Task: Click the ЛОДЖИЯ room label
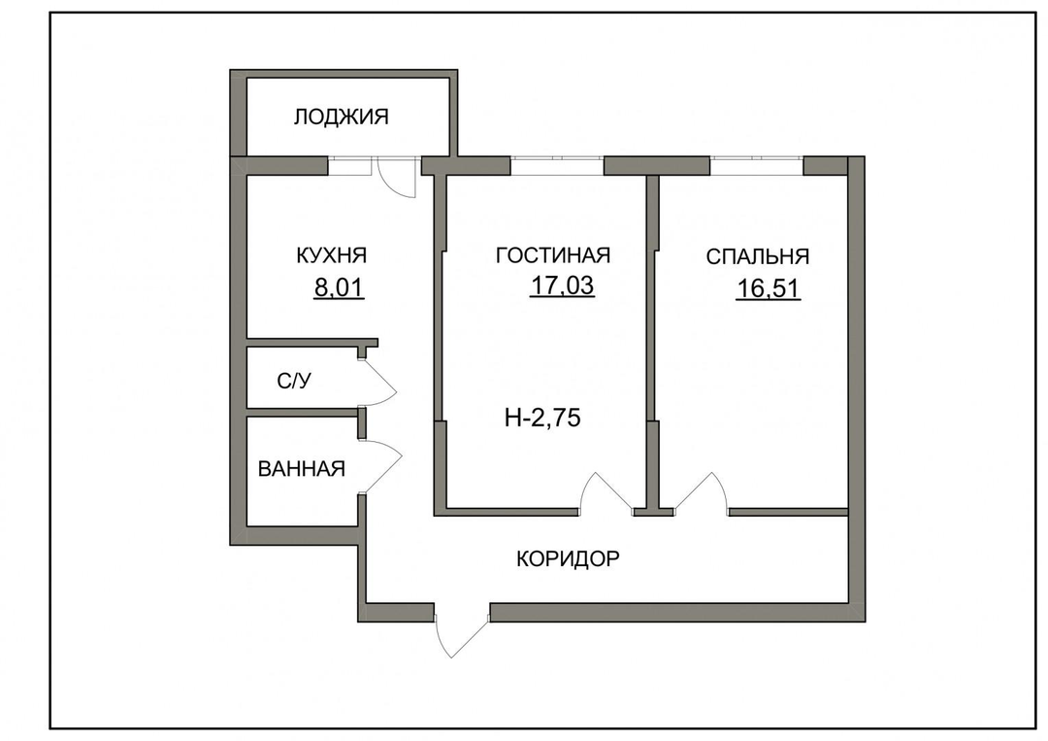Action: [341, 118]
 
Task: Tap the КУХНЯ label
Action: [332, 255]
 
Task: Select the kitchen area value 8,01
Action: [339, 288]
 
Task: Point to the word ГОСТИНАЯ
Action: [553, 254]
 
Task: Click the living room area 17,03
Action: [562, 286]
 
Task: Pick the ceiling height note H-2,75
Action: [542, 418]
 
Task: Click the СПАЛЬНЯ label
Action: [757, 256]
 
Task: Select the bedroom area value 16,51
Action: [768, 288]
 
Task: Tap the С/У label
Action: [294, 382]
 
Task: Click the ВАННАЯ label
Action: [302, 469]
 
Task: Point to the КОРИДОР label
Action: [568, 558]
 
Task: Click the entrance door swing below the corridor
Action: [461, 632]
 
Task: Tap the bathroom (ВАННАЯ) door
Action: [381, 467]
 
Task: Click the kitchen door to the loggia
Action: [396, 177]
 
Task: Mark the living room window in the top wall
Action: [557, 166]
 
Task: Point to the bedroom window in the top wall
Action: [757, 166]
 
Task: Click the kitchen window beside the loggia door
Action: [349, 166]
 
